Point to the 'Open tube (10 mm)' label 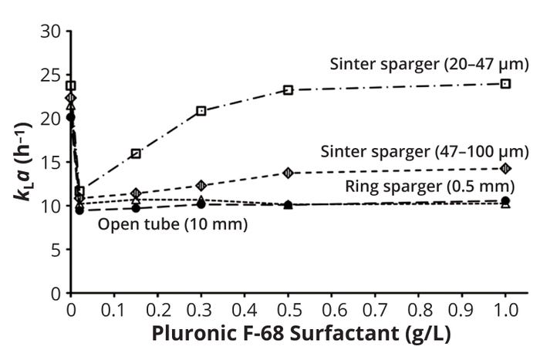[x=172, y=225]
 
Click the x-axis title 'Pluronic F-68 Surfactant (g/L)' [x=300, y=336]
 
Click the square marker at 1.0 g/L [x=505, y=83]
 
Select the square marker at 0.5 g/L [x=288, y=90]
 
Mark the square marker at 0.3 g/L [x=201, y=111]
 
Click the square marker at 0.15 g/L [x=136, y=153]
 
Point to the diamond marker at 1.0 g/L [x=505, y=168]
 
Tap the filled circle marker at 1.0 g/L [x=505, y=200]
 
